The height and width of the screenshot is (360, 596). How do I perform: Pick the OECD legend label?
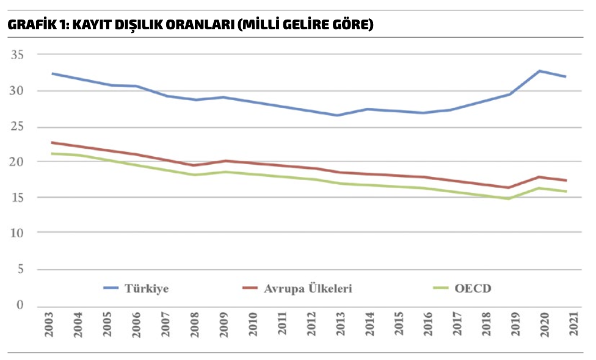(x=473, y=288)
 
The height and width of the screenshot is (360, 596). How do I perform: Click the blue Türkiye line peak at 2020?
(x=539, y=71)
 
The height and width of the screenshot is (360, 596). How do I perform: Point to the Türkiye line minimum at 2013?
(x=336, y=115)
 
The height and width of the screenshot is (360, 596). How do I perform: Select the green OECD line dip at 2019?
(x=508, y=199)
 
